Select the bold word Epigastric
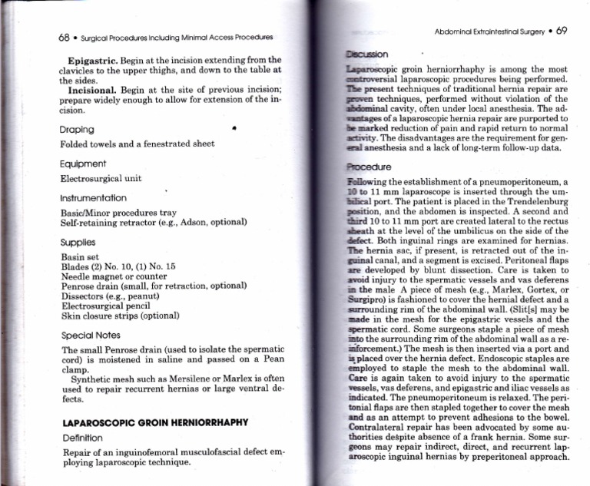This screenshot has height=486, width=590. pyautogui.click(x=92, y=60)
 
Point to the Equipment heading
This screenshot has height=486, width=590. pyautogui.click(x=85, y=164)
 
